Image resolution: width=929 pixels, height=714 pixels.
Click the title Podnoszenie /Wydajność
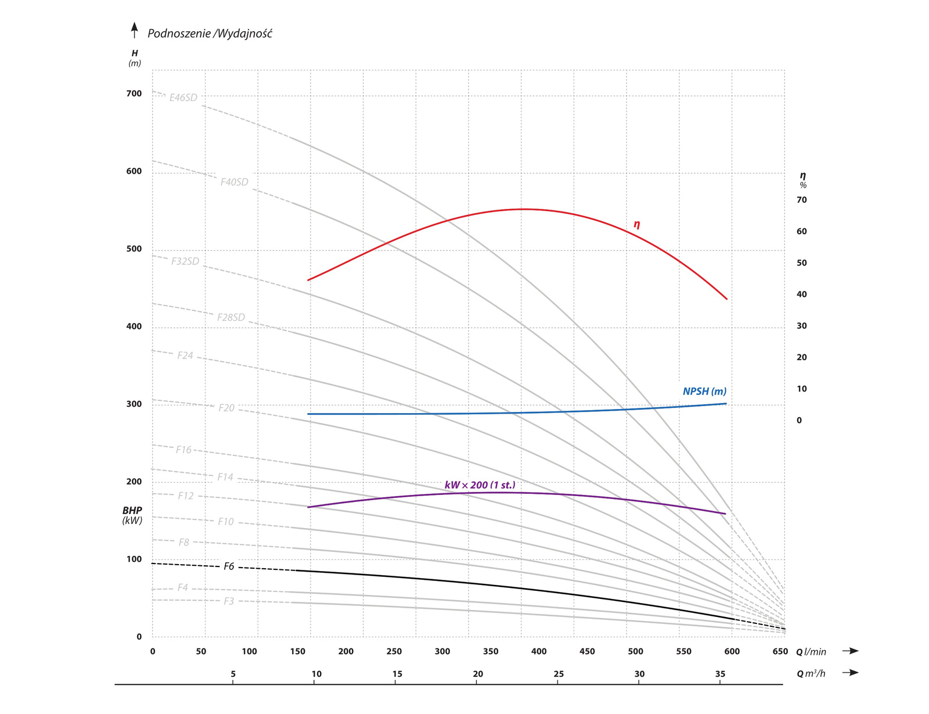pos(210,34)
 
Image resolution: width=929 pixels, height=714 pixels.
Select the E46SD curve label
pos(183,98)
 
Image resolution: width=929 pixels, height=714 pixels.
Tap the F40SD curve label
pos(234,182)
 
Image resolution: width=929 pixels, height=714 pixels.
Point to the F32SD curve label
pos(185,261)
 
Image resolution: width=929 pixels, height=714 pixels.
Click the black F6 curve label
pos(229,566)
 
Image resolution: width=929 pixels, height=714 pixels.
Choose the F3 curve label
pos(229,601)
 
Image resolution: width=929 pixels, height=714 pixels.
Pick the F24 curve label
pos(185,355)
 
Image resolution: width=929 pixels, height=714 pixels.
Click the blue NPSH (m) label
pos(704,392)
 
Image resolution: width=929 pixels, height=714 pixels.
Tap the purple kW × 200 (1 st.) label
pos(480,485)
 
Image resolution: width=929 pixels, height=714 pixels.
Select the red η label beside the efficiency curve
pos(637,224)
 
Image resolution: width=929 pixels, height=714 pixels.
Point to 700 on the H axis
pos(134,94)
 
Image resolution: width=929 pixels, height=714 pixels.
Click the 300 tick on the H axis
pos(134,404)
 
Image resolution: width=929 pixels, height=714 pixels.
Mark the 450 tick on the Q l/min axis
pos(587,651)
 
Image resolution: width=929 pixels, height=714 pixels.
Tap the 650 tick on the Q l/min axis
pos(780,651)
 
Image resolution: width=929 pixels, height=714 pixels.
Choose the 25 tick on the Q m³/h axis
pos(558,674)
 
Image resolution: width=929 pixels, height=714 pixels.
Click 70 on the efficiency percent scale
pos(801,200)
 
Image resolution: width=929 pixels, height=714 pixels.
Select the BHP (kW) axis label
pos(132,515)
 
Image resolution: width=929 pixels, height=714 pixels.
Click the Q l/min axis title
pos(811,652)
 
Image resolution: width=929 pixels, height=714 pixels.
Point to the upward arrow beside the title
pos(135,30)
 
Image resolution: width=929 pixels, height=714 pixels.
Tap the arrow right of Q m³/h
pos(851,673)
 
